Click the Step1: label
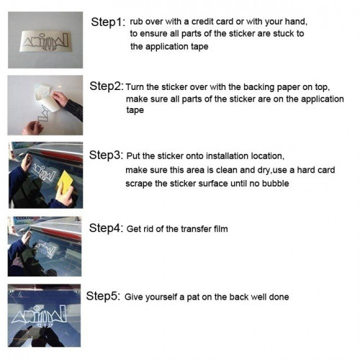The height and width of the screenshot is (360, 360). (107, 22)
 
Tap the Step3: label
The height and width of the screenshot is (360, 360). (106, 155)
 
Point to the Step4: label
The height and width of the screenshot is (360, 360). (106, 228)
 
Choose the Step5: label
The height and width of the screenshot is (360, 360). (103, 296)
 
